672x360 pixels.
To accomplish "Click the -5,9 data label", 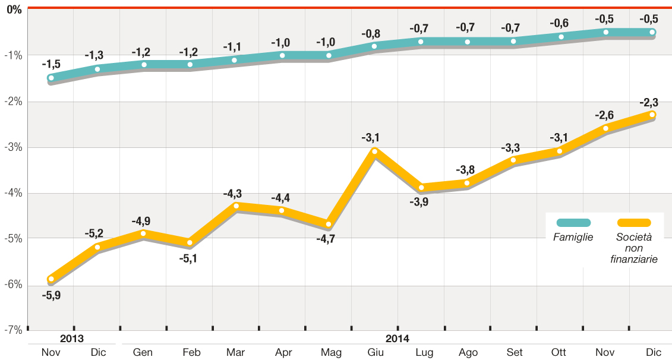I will (51, 295).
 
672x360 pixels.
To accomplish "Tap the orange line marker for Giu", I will (374, 151).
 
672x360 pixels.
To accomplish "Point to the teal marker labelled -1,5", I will (51, 78).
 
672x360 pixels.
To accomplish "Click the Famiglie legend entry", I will (573, 236).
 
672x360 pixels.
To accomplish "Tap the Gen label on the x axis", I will (143, 352).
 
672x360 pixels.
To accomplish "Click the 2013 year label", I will (71, 339).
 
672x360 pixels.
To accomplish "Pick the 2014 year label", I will (397, 339).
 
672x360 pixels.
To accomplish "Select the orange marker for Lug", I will (421, 188).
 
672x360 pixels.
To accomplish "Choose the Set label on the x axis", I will (515, 352).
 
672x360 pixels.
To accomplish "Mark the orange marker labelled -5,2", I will (97, 247).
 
